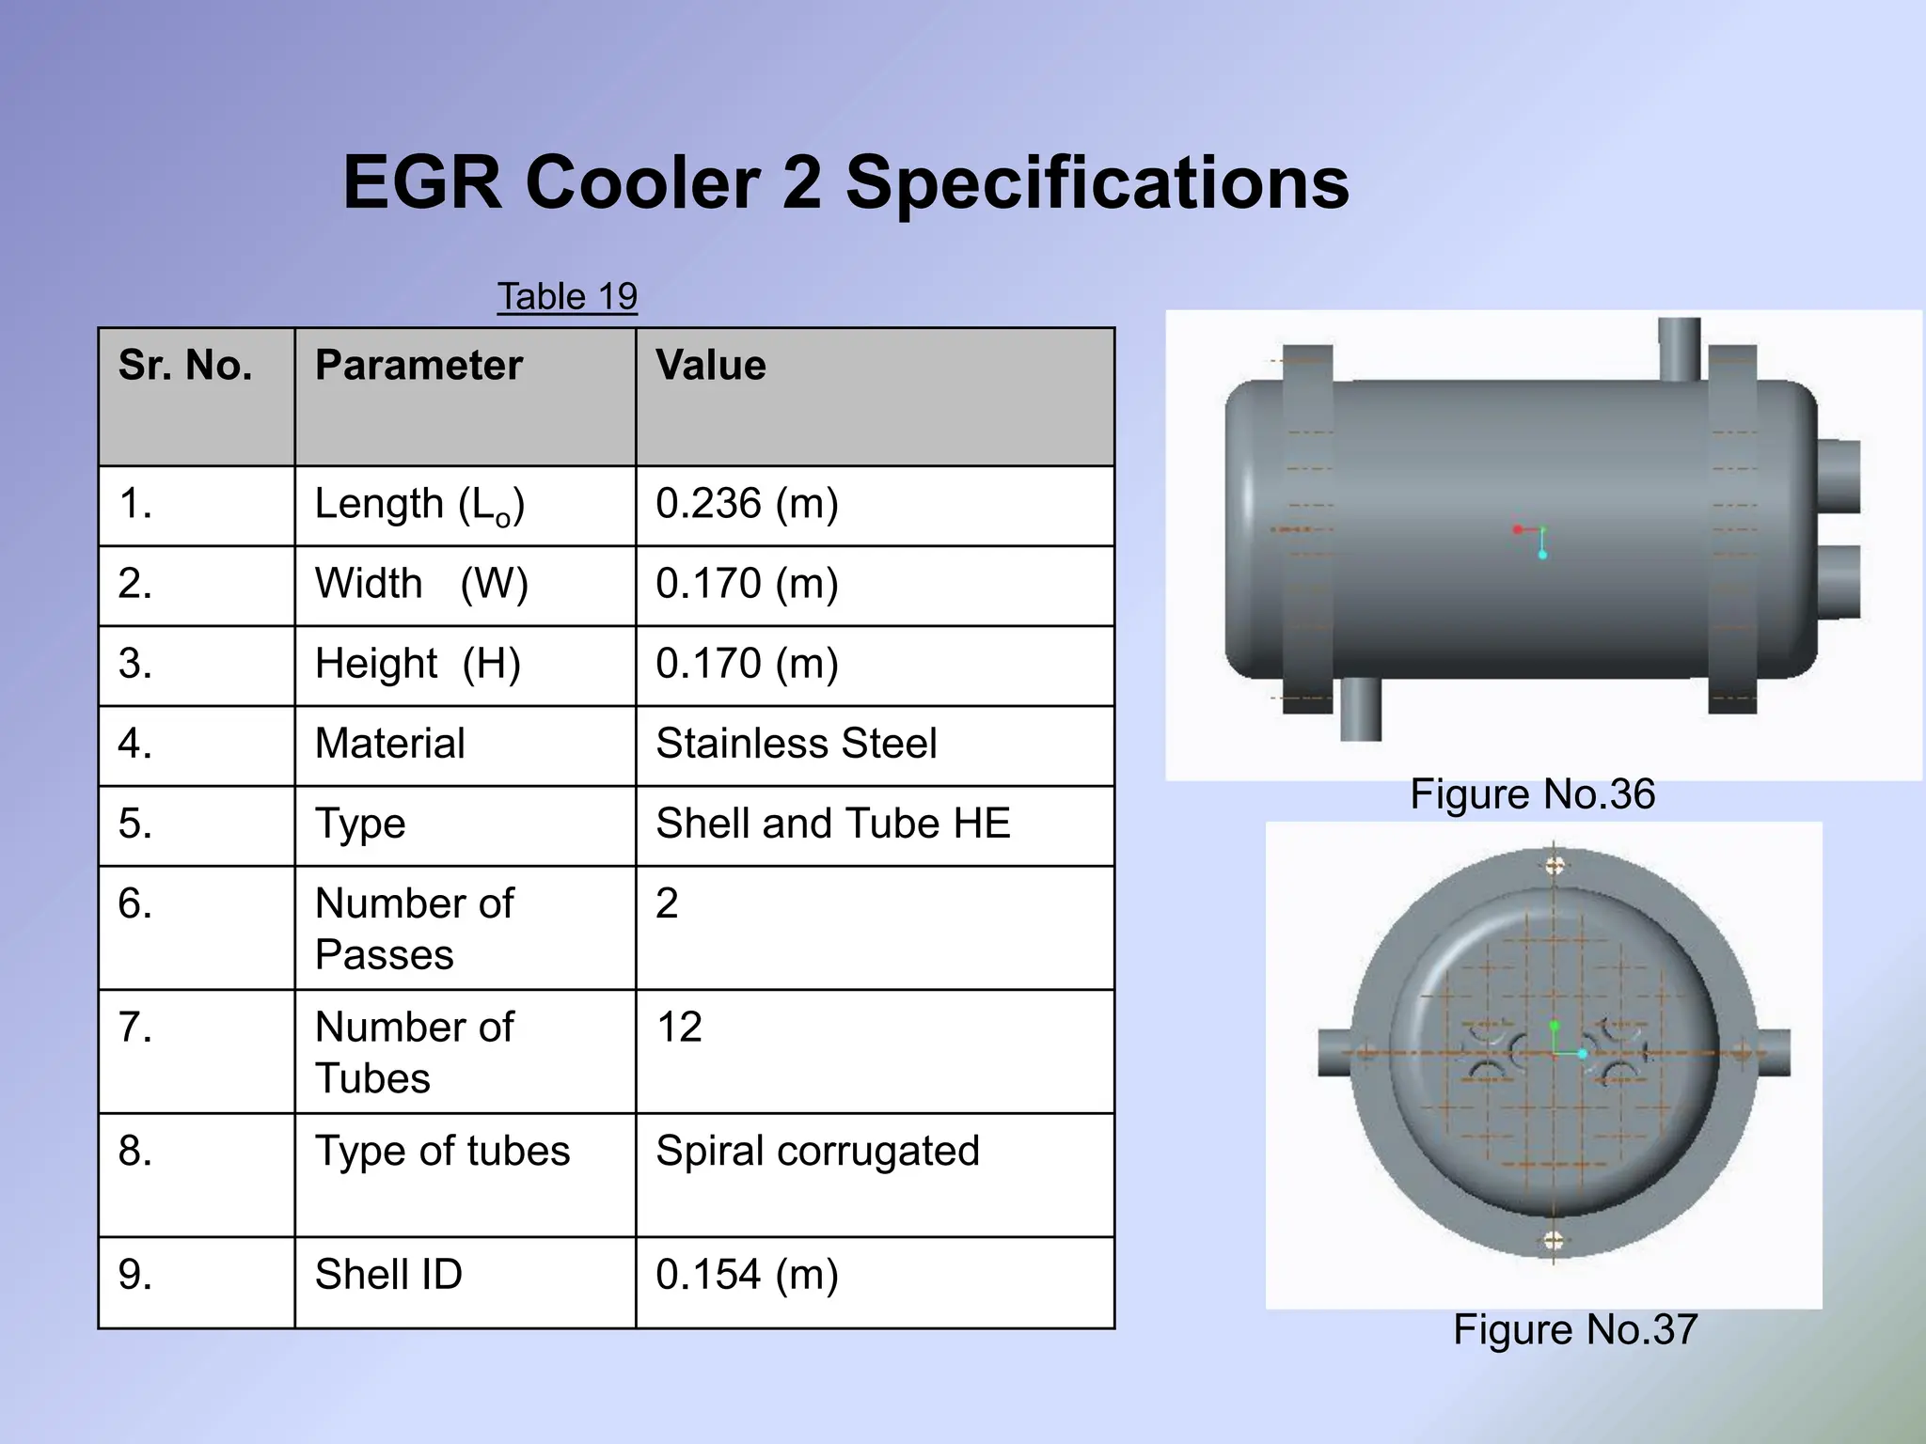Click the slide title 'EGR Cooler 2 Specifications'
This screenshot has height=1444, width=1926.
(x=845, y=182)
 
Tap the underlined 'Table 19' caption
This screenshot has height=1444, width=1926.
(x=567, y=296)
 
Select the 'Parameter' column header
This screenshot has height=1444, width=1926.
(x=418, y=365)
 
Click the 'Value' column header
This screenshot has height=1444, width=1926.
(x=711, y=365)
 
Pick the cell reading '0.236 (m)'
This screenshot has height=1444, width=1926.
(x=747, y=504)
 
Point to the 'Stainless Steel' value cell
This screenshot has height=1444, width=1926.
(x=796, y=744)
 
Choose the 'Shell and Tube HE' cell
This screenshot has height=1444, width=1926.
(x=832, y=824)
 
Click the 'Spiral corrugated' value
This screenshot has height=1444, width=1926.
(x=817, y=1151)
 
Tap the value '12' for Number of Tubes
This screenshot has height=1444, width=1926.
(x=679, y=1027)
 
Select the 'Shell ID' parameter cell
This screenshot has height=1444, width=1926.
(x=388, y=1275)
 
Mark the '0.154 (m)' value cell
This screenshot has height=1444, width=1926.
(x=747, y=1275)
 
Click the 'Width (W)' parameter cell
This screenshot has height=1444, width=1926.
(x=421, y=584)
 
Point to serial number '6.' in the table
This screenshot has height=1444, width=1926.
(x=135, y=903)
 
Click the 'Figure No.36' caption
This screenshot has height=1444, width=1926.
(x=1532, y=794)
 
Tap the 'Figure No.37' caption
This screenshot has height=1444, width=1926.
(x=1575, y=1329)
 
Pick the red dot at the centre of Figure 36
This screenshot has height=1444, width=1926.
(x=1518, y=530)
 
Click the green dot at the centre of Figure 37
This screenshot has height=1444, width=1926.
(x=1554, y=1026)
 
